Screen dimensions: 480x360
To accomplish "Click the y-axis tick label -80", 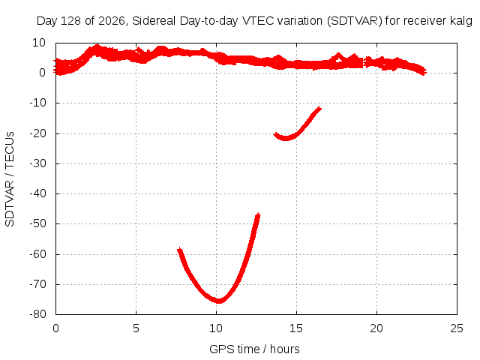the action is (x=37, y=314).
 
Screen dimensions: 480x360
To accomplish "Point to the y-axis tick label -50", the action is (x=37, y=223).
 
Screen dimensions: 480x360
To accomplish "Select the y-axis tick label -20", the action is (x=37, y=133).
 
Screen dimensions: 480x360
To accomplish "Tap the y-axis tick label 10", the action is (x=39, y=43).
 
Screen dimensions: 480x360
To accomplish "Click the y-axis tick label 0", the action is (x=42, y=73).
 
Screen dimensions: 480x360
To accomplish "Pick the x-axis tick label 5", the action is (x=136, y=328).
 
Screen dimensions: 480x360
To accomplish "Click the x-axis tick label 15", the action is (x=296, y=328).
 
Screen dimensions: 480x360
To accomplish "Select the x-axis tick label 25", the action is (x=457, y=328).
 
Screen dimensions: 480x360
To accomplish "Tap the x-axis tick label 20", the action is (x=376, y=328).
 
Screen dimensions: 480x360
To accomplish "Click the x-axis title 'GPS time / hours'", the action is (x=254, y=349).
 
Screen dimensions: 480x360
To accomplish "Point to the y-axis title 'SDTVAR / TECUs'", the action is (x=10, y=179).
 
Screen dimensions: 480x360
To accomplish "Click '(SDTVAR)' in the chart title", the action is (x=355, y=21).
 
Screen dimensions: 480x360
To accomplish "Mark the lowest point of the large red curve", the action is (x=219, y=301).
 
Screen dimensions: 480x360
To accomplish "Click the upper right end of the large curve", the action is (x=259, y=214).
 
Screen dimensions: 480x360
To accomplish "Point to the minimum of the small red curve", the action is (x=285, y=138).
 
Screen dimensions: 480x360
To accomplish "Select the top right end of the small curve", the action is (x=320, y=108).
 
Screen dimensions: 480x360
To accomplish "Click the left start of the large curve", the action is (x=179, y=250).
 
